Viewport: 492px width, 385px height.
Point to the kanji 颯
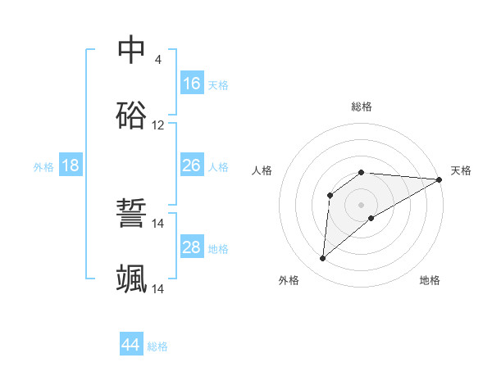(131, 279)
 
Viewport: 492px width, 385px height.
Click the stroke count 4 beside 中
(157, 60)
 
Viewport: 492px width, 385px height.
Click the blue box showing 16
(192, 83)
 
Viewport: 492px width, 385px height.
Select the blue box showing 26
(192, 165)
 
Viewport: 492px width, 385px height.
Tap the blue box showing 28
(192, 247)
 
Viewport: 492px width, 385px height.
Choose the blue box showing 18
(71, 165)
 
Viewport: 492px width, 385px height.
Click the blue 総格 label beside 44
(157, 346)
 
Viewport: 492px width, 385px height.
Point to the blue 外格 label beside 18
(43, 167)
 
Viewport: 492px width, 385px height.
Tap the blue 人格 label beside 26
(218, 167)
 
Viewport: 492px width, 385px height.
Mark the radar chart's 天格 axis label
(461, 170)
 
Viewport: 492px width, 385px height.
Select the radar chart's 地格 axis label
(430, 280)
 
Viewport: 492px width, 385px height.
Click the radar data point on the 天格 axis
(440, 179)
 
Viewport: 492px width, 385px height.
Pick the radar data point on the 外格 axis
(322, 259)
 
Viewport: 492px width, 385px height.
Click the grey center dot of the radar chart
(362, 204)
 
